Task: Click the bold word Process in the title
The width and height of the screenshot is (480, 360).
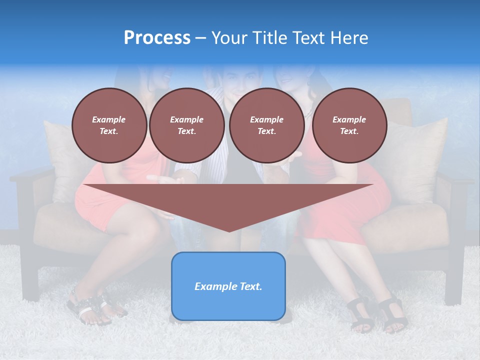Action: (157, 38)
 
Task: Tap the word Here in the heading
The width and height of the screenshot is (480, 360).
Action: (350, 38)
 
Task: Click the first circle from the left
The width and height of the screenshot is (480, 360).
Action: (109, 125)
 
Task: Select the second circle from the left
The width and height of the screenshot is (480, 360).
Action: (186, 125)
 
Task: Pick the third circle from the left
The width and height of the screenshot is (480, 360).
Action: (266, 125)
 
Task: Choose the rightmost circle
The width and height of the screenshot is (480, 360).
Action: (349, 125)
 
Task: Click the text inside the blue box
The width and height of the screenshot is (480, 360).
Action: (228, 286)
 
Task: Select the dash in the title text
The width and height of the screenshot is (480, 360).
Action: (200, 38)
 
